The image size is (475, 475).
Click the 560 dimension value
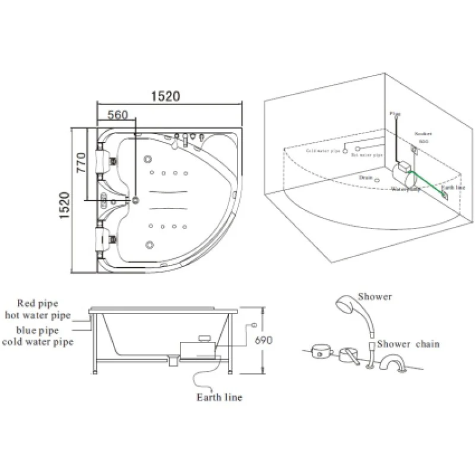(x=118, y=116)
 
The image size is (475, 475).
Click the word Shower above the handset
(x=378, y=296)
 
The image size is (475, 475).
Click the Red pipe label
(x=38, y=303)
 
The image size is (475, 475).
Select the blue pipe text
(x=37, y=330)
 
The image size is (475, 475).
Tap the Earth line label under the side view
(x=219, y=397)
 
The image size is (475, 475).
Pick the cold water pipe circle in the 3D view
(x=345, y=151)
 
